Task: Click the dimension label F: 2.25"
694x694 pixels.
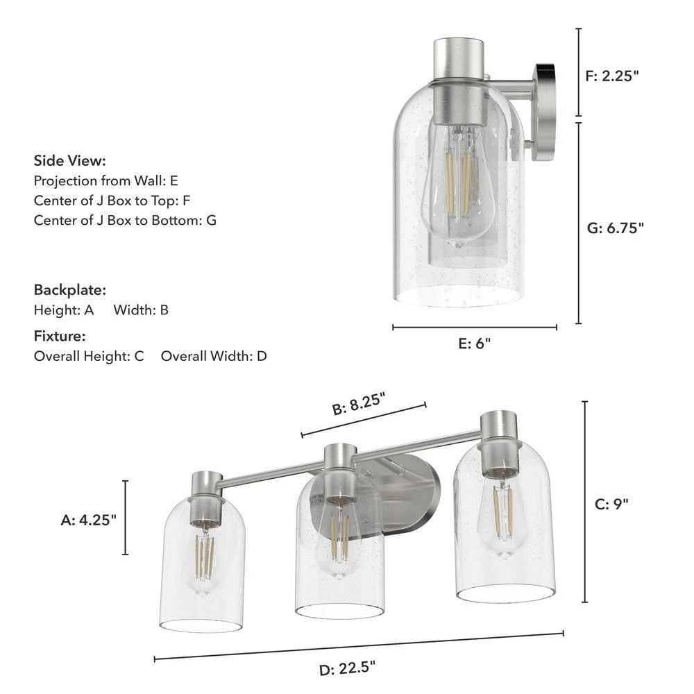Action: coord(611,76)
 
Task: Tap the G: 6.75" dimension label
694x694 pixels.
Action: coord(615,228)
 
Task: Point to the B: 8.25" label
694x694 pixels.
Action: coord(358,403)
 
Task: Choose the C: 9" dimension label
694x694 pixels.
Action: coord(611,504)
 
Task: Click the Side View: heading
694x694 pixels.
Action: coord(70,161)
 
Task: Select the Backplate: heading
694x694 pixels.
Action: coord(70,290)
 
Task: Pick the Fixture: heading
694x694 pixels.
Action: coord(60,337)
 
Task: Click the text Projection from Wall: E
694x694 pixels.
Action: coord(106,180)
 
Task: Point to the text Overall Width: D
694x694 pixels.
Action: coord(214,356)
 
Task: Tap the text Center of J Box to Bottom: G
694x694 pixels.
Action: coord(126,221)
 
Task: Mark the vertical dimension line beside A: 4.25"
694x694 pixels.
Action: coord(126,518)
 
